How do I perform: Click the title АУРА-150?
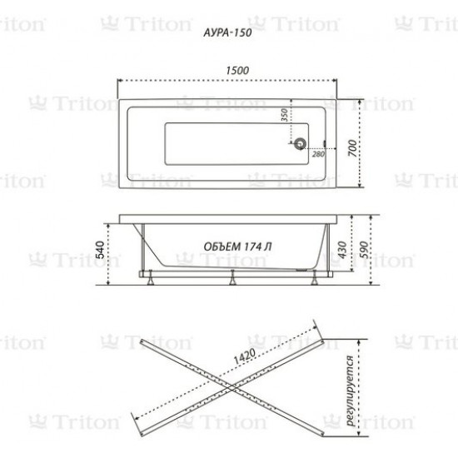[x=227, y=32]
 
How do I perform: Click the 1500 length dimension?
[x=237, y=71]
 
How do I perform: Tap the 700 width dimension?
[x=353, y=148]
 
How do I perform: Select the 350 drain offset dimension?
[x=285, y=115]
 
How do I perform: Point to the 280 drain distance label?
[x=318, y=154]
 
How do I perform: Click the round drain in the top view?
[x=300, y=143]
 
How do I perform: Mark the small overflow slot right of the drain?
[x=324, y=143]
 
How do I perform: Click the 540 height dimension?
[x=100, y=250]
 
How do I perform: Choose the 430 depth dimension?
[x=342, y=250]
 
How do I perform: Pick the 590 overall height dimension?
[x=364, y=250]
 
